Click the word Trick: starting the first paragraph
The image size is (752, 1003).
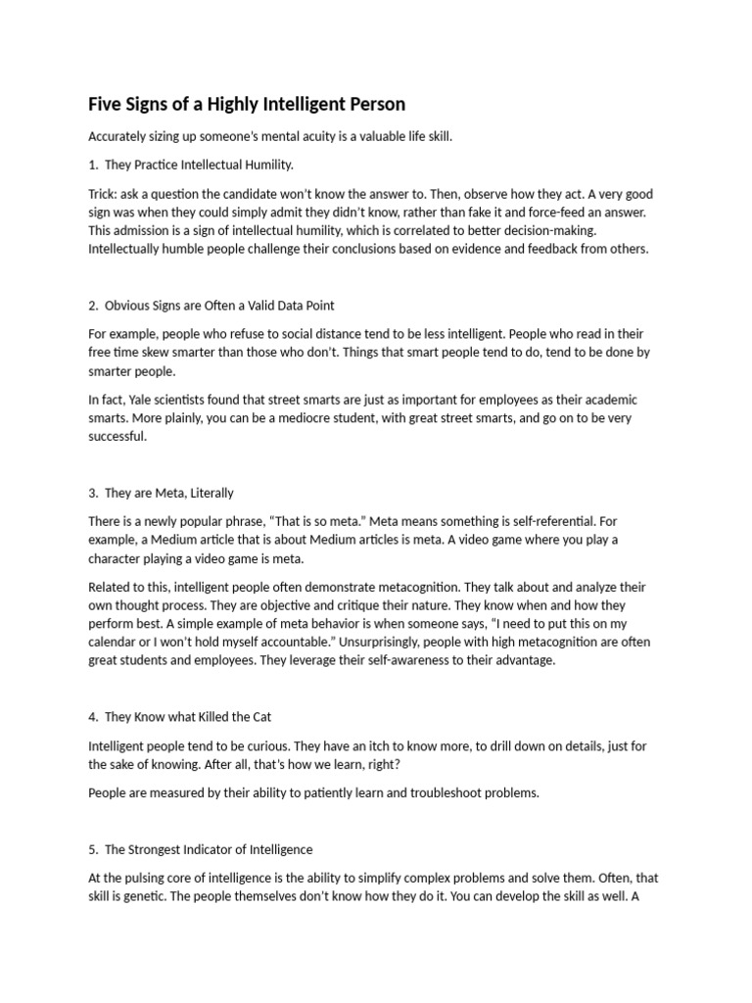(x=104, y=194)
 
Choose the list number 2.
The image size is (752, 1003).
(x=92, y=307)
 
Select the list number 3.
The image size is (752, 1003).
(x=92, y=493)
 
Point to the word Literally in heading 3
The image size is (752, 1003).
(x=210, y=493)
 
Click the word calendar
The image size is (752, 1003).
(x=117, y=642)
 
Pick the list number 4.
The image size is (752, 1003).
(x=92, y=716)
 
